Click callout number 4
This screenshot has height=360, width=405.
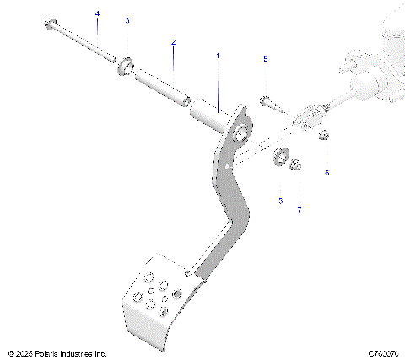[x=96, y=14]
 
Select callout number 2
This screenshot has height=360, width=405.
[x=174, y=41]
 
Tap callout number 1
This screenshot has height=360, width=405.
[x=217, y=55]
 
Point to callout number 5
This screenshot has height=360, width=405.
[x=265, y=59]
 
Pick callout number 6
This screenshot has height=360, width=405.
[x=327, y=172]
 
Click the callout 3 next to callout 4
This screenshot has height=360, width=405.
[x=127, y=19]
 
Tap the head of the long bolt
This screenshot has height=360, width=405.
[x=51, y=23]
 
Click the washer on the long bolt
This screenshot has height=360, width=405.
[x=127, y=64]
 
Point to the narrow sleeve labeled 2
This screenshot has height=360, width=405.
[x=159, y=86]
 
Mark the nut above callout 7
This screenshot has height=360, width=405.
[x=296, y=164]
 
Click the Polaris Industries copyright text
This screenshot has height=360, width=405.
[x=57, y=353]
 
